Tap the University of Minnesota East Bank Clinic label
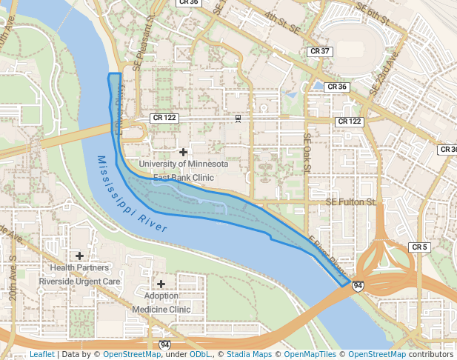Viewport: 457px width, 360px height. coord(183,170)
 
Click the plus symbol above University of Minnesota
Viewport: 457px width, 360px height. coord(183,152)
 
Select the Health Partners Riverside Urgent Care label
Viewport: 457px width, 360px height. coord(79,274)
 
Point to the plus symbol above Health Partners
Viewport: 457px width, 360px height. coord(79,256)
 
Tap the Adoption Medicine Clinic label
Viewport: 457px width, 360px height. coord(161,302)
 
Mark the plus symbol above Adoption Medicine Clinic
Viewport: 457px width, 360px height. coord(161,284)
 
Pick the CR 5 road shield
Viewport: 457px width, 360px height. coord(419,247)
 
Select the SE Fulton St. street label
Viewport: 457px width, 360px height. coord(352,201)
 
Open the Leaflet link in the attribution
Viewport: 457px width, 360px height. coord(41,354)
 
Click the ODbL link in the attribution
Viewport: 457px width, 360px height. coord(200,354)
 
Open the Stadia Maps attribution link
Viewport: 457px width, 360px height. coord(249,354)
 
